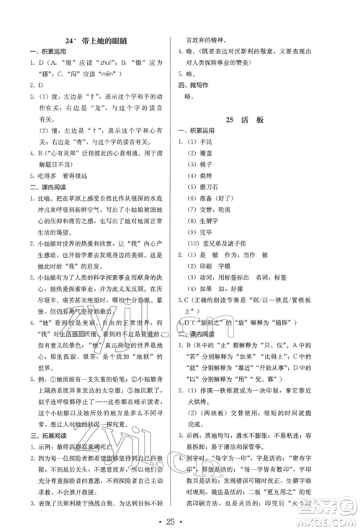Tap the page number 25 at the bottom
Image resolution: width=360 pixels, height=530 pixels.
(180, 519)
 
